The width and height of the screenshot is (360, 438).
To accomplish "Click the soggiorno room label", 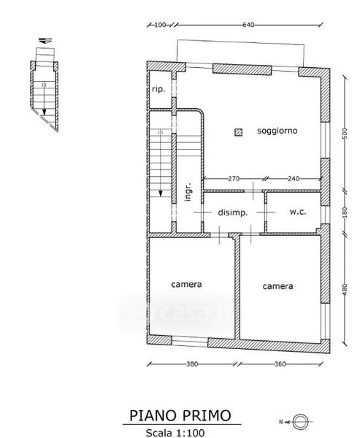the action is pos(277,131).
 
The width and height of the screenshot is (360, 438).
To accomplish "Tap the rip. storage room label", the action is pos(158,89).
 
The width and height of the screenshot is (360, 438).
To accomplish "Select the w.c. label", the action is pos(298,212).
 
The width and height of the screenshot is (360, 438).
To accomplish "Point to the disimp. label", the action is pos(232,213).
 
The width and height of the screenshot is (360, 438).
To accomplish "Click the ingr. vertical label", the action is pos(188,191).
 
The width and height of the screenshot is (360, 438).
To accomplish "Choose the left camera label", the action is pos(186,285).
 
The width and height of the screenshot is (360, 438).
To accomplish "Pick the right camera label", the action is pos(277,286).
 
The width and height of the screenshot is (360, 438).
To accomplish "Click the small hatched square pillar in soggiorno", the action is pos(238,132).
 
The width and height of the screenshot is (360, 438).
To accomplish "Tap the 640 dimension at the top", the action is pos(248,25).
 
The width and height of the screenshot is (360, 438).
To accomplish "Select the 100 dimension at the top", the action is pos(160,25).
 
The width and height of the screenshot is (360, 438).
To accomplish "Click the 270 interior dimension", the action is pos(234,179).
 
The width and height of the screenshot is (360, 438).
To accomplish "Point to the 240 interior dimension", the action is pos(294,179).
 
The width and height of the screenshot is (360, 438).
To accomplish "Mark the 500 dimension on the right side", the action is pos(345,134).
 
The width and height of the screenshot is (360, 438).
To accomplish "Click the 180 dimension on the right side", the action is pos(345,212).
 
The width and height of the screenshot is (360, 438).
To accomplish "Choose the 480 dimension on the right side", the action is pos(345,289).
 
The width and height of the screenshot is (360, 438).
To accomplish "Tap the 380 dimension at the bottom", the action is pos(192,364).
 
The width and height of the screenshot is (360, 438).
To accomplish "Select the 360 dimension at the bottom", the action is pos(280,364).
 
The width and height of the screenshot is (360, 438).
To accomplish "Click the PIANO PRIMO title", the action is pos(180,415).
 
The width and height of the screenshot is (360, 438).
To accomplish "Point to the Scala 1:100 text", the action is pos(175,433).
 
